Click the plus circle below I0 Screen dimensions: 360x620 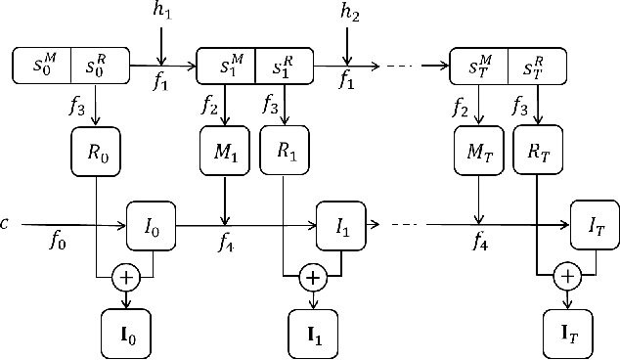[x=125, y=278]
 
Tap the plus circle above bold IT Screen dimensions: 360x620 [x=566, y=278]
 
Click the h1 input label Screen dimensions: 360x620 [x=162, y=13]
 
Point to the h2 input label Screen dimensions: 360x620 [x=350, y=13]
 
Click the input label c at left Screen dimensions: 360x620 [x=6, y=224]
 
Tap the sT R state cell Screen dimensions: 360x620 [x=541, y=67]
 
